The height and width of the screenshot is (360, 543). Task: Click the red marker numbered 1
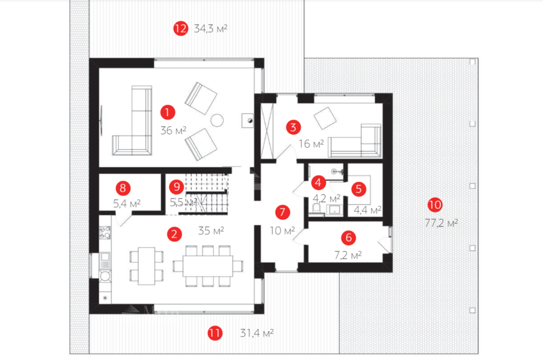168,112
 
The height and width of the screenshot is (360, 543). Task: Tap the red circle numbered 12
180,28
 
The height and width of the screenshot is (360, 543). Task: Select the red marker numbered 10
435,205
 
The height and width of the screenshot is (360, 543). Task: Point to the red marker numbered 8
123,188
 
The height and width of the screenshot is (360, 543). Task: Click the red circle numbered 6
349,237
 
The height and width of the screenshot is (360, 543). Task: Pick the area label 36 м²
173,130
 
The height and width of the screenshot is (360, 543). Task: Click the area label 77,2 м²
441,223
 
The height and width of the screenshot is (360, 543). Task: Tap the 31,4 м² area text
257,333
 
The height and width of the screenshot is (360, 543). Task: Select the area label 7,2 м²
348,255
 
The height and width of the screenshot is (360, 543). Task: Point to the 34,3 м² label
211,28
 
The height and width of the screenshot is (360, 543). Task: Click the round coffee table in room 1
217,120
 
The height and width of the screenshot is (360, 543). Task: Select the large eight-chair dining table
208,266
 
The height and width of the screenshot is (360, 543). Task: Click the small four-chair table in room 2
147,266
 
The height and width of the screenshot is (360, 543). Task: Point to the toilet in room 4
316,209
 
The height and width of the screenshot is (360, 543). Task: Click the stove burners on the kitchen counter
105,232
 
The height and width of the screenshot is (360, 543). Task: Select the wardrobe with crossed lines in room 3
267,131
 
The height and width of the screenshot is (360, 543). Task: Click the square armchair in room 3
325,118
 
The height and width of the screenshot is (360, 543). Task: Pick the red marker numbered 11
214,333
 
